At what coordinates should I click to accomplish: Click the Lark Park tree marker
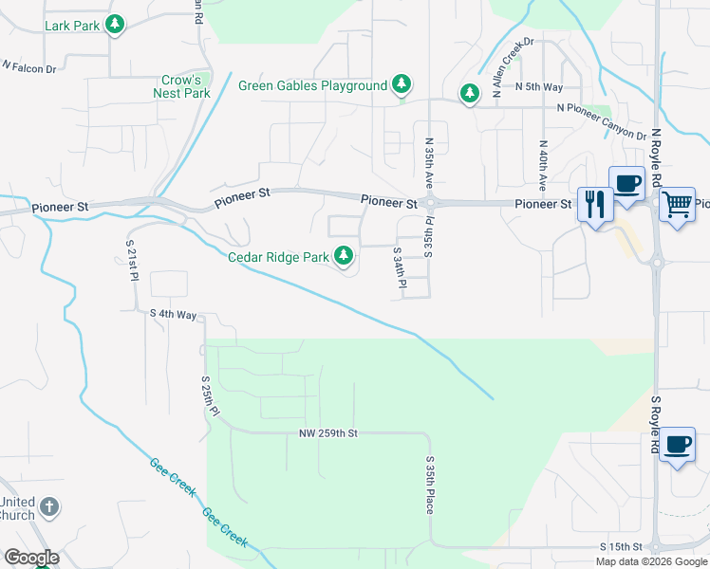[115, 24]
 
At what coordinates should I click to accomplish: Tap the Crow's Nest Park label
[181, 87]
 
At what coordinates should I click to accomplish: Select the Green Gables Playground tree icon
[402, 85]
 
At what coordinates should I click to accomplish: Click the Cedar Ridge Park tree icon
[344, 256]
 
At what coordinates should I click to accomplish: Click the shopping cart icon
[676, 203]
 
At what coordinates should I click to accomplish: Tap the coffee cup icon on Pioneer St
[627, 183]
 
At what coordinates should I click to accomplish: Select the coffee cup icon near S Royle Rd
[677, 446]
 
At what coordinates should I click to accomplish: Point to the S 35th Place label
[430, 484]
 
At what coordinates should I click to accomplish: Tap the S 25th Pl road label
[210, 396]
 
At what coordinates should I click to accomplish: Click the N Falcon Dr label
[29, 67]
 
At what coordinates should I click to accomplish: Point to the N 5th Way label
[539, 87]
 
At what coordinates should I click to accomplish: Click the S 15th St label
[622, 548]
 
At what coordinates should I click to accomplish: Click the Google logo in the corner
[31, 558]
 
